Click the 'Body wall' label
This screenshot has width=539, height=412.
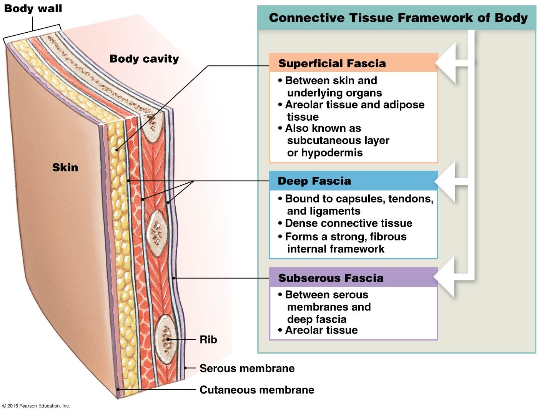point(33,8)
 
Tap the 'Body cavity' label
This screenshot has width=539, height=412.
point(144,59)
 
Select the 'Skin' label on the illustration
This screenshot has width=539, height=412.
point(65,168)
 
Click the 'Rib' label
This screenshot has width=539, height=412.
point(208,340)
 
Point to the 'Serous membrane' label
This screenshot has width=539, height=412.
point(247,368)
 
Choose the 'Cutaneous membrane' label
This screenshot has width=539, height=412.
point(257,390)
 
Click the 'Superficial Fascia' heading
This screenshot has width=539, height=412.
point(332,63)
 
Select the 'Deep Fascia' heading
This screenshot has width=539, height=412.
point(314,181)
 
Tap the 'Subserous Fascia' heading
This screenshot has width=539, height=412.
point(331,278)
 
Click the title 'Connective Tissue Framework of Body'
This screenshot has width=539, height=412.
point(398,18)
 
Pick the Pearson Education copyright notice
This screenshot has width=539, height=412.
point(36,406)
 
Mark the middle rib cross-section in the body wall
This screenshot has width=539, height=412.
point(157,233)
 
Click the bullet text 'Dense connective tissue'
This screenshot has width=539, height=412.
point(349,223)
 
